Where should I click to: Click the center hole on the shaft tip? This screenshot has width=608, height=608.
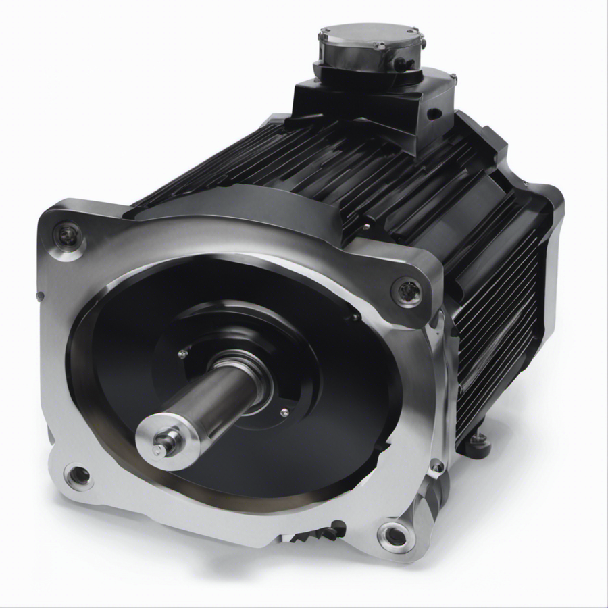click(x=157, y=447)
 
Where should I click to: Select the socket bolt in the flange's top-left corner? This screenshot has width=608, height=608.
click(x=68, y=236)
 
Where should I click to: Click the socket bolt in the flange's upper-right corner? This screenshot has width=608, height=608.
click(x=407, y=291)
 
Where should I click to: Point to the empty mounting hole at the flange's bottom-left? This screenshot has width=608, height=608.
click(x=79, y=476)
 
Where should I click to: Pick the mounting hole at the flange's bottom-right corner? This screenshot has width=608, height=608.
click(x=392, y=535)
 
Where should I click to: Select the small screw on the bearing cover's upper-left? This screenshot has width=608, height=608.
click(x=182, y=353)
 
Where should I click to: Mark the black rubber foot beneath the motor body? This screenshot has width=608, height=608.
click(x=478, y=440)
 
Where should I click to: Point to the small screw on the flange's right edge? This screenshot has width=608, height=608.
click(x=437, y=465)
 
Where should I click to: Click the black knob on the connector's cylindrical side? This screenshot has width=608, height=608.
click(x=403, y=64)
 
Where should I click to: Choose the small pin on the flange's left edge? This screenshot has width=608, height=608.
click(x=41, y=295)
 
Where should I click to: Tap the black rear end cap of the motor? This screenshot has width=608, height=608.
click(x=540, y=203)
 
